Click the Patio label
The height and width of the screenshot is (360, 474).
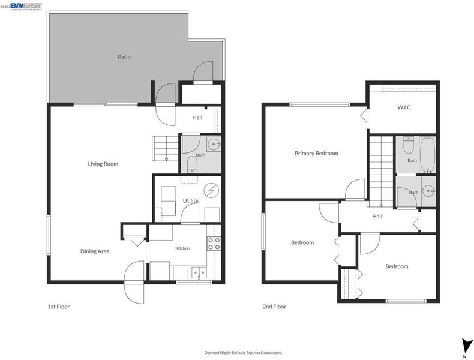pos(124,57)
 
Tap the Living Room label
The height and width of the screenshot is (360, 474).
pos(103,164)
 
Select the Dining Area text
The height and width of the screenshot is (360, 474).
pos(95,251)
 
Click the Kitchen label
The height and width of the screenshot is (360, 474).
pos(182,248)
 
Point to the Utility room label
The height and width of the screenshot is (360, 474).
pos(190,201)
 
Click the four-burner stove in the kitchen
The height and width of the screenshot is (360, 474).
pos(214,244)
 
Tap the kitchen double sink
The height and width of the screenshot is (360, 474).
pos(199,273)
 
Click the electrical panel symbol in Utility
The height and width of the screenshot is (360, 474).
pos(211,190)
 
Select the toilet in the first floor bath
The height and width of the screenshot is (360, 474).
pos(192,164)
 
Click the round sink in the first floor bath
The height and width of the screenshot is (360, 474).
pos(214,144)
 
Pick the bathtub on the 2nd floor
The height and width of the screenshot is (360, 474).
pos(427,155)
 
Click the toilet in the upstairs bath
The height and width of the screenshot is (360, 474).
pos(409,145)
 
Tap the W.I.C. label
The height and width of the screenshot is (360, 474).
pos(404,107)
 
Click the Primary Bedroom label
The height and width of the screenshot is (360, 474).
pos(316,153)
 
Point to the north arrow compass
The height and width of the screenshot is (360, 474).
pos(466,346)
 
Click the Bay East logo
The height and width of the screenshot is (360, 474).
pos(26,7)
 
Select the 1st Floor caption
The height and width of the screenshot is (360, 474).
pos(59,307)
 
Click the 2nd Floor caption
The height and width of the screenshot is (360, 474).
pos(274,307)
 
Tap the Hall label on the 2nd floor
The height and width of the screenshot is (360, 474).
pos(377,216)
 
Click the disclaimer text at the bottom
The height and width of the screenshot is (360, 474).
pos(244,352)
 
